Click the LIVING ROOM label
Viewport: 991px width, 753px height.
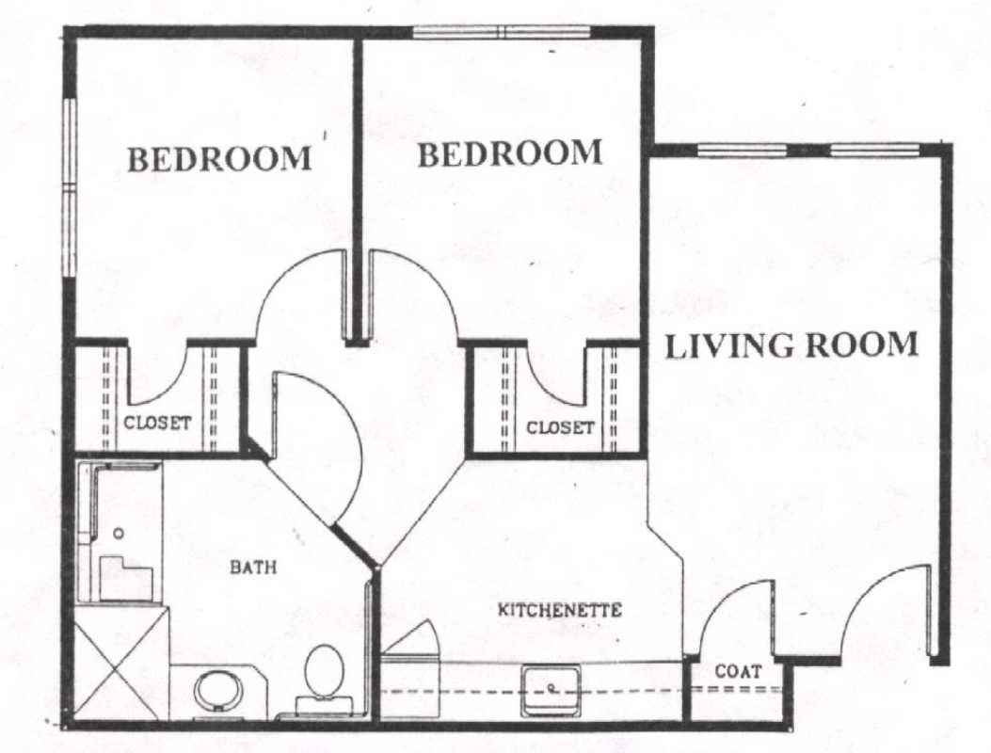(x=791, y=344)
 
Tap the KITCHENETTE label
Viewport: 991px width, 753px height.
(x=559, y=610)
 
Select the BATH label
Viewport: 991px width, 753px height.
(x=253, y=568)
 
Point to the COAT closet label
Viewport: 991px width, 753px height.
(x=738, y=671)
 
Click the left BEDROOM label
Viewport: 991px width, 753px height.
(x=219, y=159)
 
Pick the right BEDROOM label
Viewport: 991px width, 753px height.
(x=510, y=153)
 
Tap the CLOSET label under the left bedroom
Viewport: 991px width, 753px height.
(x=157, y=423)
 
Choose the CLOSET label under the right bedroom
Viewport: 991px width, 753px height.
(x=560, y=428)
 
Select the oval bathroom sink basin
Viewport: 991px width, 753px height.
(x=218, y=691)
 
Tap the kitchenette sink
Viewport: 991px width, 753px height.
(x=551, y=690)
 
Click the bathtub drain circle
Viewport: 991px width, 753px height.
(x=119, y=533)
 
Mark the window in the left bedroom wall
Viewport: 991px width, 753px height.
(x=70, y=187)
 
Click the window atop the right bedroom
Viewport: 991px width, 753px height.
(x=502, y=32)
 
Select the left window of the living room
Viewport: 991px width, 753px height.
(x=742, y=151)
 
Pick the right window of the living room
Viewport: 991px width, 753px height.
(x=874, y=151)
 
